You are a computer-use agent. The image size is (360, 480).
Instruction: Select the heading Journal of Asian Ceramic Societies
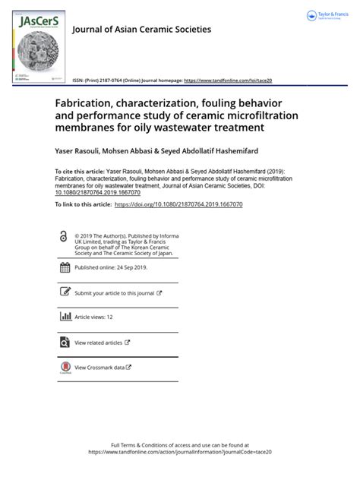(141, 30)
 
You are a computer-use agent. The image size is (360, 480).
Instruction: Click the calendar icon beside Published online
(64, 267)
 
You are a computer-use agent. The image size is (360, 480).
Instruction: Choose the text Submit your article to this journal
(114, 292)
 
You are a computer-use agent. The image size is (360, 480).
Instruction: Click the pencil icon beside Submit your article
(64, 292)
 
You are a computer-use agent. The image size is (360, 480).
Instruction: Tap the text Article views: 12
(93, 317)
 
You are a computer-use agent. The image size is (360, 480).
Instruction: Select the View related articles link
(99, 343)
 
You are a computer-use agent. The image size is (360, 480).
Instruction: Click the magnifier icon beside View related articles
(64, 343)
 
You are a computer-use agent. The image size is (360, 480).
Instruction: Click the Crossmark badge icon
(64, 368)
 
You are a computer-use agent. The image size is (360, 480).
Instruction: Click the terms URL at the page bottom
(179, 451)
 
